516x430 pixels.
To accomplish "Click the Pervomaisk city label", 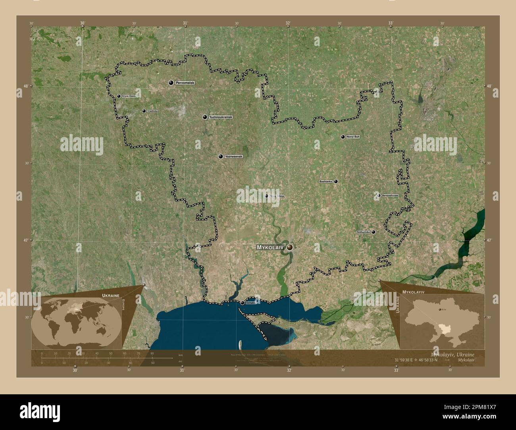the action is [x=186, y=83].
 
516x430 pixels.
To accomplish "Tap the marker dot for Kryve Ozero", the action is [x=119, y=96].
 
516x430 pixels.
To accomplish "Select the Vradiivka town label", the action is [x=152, y=111].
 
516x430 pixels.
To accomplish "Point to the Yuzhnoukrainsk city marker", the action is [x=205, y=117].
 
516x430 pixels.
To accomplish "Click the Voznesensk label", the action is [x=233, y=157].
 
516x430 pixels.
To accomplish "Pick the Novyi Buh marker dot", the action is [x=343, y=137].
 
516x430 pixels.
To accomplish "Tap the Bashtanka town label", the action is [x=325, y=182].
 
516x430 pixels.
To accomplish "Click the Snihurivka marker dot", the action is [x=374, y=232].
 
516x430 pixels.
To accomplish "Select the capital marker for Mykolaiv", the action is [x=290, y=247].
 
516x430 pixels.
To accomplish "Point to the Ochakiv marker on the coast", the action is [x=242, y=303].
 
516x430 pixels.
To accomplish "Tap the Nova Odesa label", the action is [x=277, y=196].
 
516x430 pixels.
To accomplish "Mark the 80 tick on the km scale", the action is [x=152, y=353].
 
